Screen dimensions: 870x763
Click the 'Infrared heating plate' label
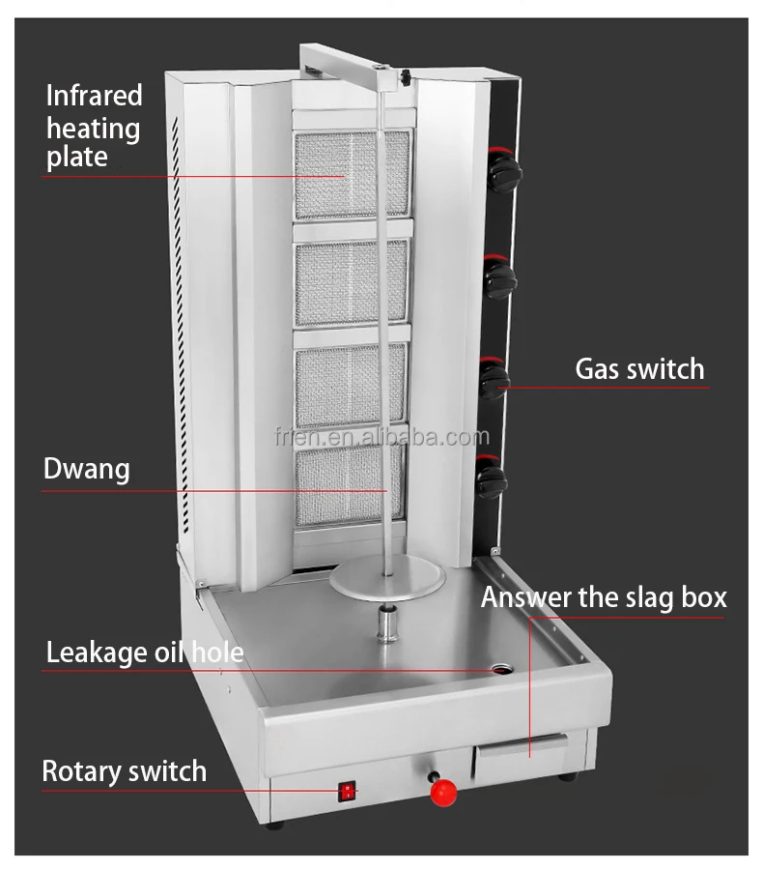pyautogui.click(x=94, y=127)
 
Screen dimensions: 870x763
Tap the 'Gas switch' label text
pyautogui.click(x=639, y=369)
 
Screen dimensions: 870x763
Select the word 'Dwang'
pyautogui.click(x=86, y=470)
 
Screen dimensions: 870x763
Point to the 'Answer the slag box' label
pyautogui.click(x=604, y=597)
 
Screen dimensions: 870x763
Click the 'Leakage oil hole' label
pyautogui.click(x=144, y=653)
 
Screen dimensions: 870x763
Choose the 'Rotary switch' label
pyautogui.click(x=124, y=771)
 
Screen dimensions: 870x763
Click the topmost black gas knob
pyautogui.click(x=503, y=173)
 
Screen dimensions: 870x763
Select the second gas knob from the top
pyautogui.click(x=500, y=279)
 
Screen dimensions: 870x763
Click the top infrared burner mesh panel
pyautogui.click(x=352, y=174)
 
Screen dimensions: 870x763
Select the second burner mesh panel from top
pyautogui.click(x=352, y=282)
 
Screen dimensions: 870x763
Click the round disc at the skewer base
pyautogui.click(x=387, y=581)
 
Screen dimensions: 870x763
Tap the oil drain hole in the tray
pyautogui.click(x=502, y=669)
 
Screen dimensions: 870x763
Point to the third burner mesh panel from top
pyautogui.click(x=351, y=385)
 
